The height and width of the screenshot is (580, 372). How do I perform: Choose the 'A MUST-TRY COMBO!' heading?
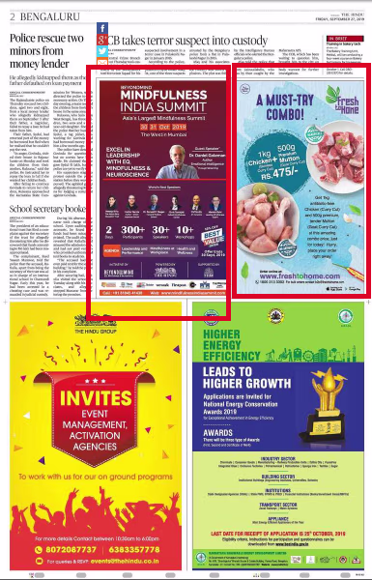313,105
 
